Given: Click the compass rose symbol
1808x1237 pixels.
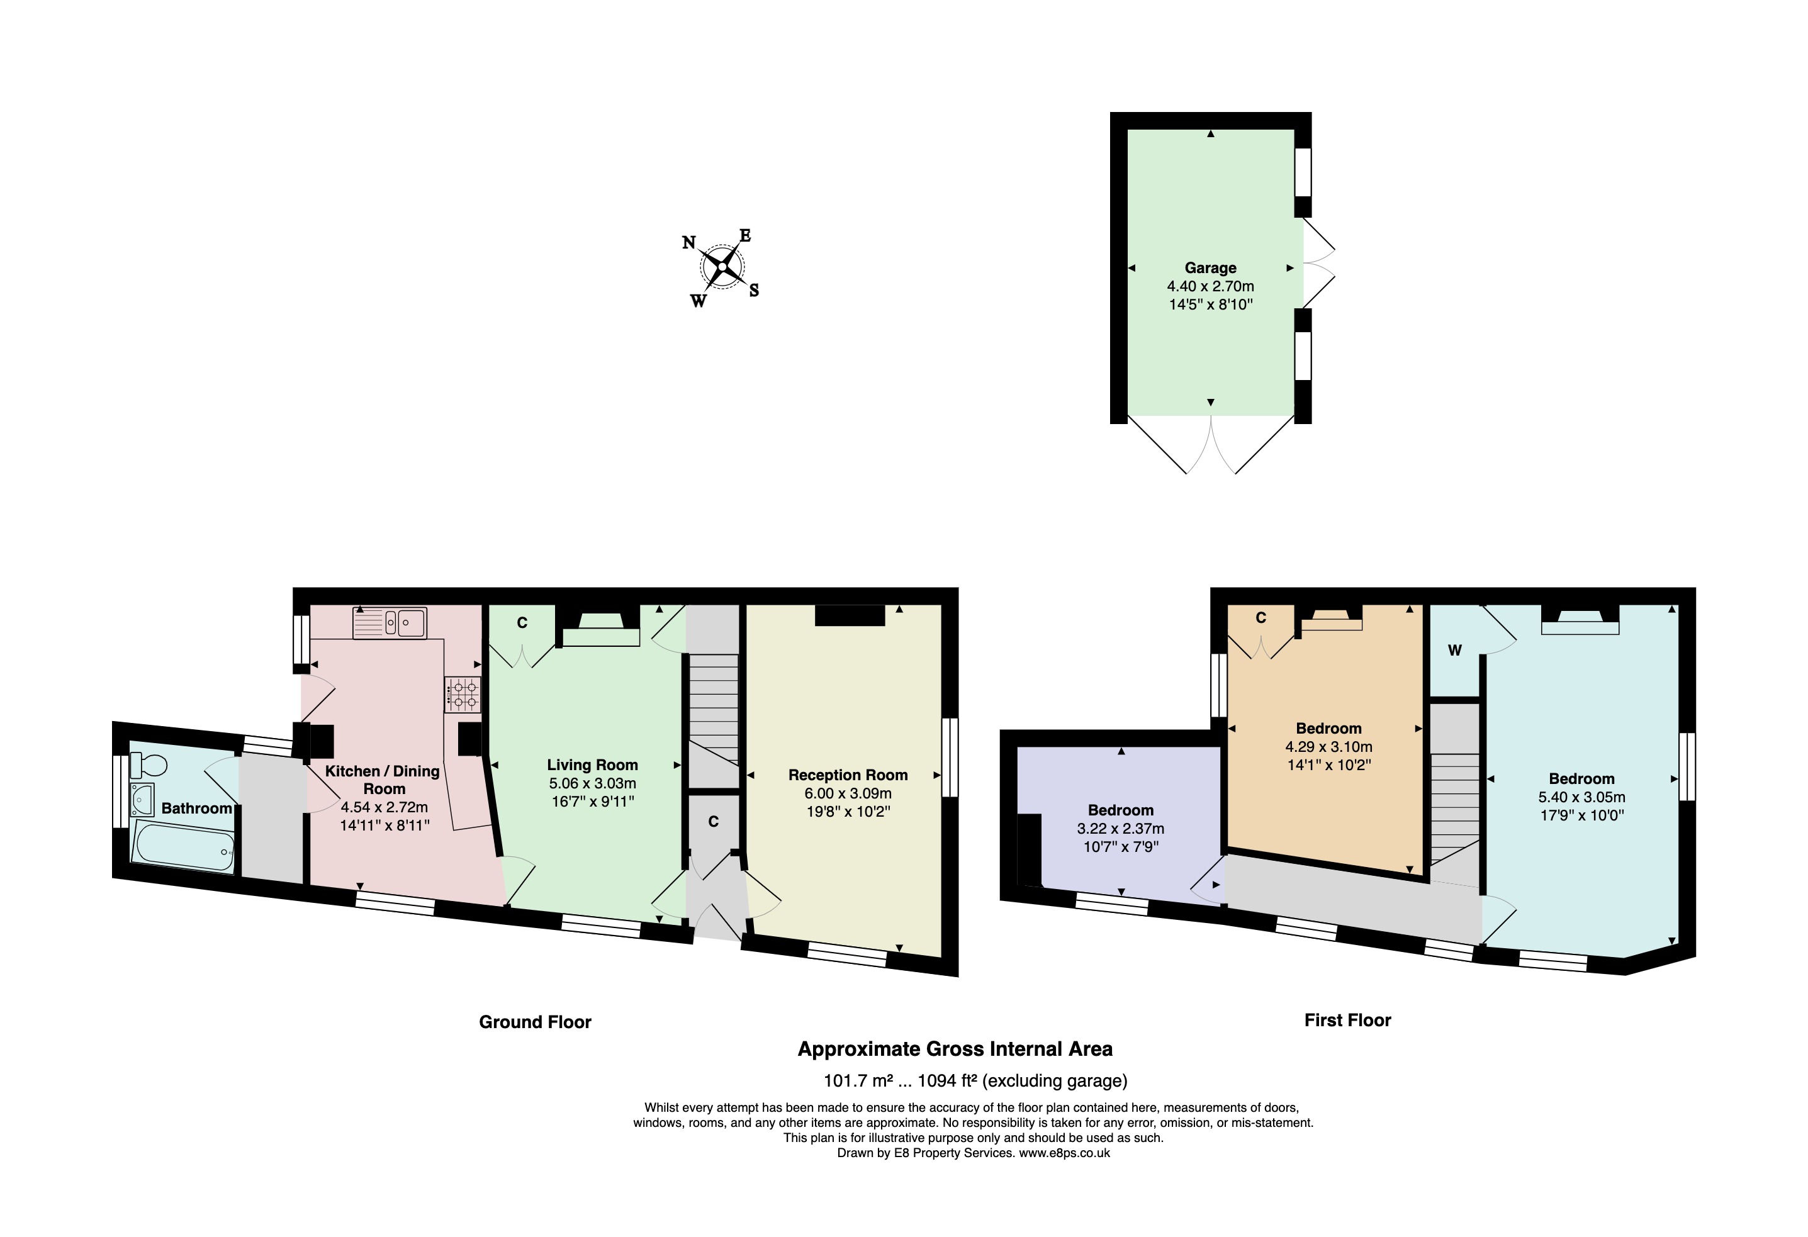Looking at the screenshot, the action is point(722,267).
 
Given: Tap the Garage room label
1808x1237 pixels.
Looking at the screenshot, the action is point(1211,267).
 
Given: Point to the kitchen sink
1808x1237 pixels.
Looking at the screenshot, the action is point(390,622).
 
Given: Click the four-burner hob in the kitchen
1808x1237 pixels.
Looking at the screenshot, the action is point(463,694).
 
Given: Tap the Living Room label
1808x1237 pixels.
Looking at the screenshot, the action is point(592,764).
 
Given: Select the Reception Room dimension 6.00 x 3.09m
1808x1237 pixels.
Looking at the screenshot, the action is point(848,793).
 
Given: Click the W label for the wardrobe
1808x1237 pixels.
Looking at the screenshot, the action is point(1454,651).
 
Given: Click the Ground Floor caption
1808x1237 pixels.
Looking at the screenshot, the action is point(536,1021).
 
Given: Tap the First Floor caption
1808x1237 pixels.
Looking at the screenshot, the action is point(1347,1020).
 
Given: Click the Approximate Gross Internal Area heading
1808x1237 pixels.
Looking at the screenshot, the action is point(955,1049).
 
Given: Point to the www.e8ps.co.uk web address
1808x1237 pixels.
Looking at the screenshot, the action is point(1064,1153).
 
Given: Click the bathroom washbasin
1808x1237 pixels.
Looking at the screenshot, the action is point(142,799).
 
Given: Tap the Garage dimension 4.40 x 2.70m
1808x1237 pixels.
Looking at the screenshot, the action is point(1211,286).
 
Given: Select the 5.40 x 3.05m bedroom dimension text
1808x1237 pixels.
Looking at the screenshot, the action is point(1581,797).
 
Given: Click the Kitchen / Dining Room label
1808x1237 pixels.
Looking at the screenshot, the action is point(382,780).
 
